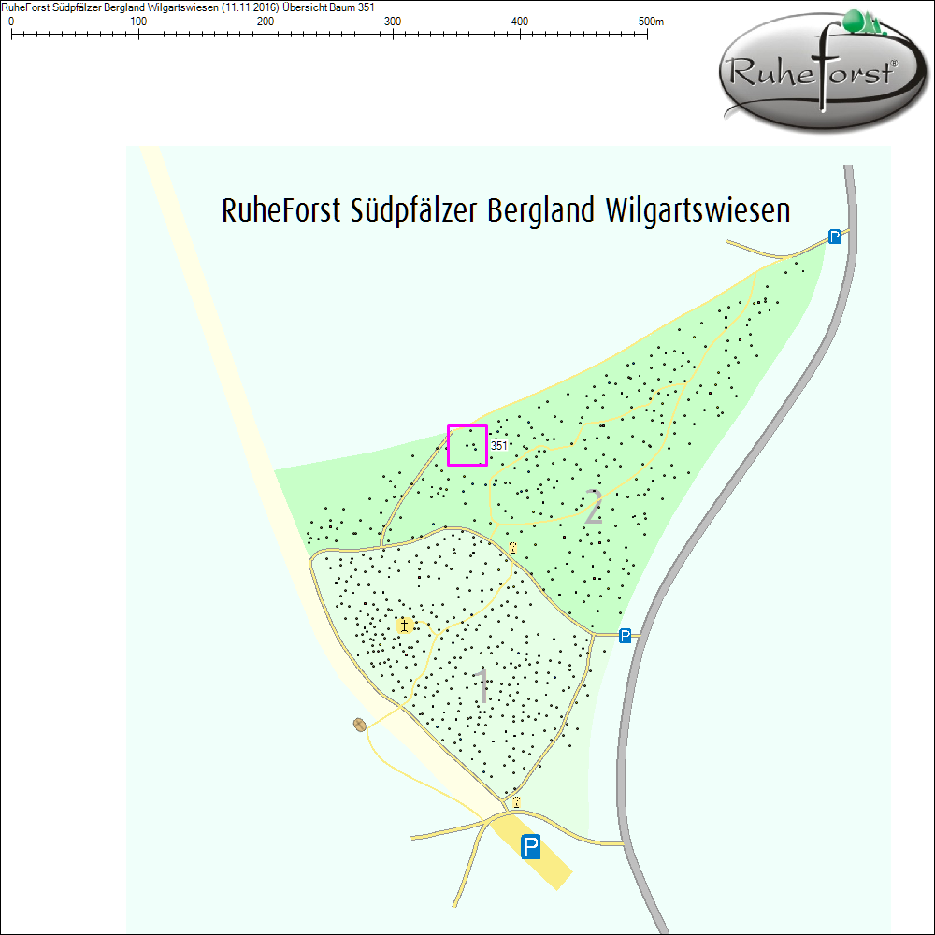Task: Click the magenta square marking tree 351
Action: click(467, 445)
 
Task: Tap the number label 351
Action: click(499, 446)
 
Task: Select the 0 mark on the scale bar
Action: click(11, 34)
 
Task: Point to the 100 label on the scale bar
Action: click(138, 22)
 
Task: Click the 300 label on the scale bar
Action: click(393, 22)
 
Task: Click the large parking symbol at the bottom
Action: click(531, 847)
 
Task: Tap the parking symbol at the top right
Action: click(834, 237)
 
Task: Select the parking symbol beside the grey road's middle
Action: click(625, 636)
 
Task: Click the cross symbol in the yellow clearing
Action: click(405, 625)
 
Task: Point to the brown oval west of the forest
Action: click(360, 725)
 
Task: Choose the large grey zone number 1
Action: click(482, 687)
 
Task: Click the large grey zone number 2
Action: click(593, 507)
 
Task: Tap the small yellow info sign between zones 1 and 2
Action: click(512, 547)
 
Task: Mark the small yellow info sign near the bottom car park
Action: click(515, 802)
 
